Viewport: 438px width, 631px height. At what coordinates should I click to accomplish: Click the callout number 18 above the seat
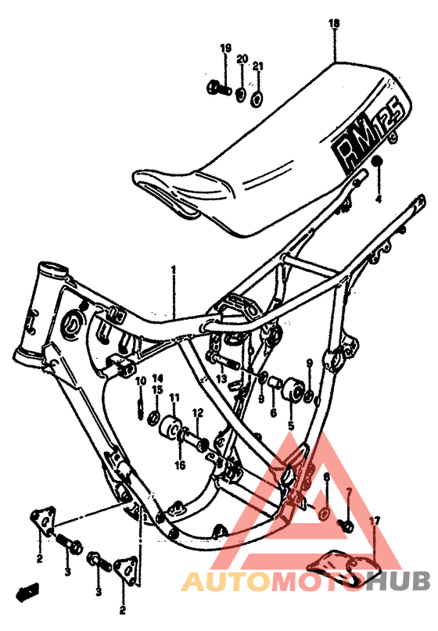click(334, 25)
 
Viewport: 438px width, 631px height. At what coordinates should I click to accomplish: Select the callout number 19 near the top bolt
click(225, 48)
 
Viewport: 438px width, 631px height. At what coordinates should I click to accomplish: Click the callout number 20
click(242, 59)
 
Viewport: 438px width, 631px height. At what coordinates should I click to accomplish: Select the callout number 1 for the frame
click(174, 271)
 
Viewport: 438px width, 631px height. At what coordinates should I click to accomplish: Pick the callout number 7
click(349, 492)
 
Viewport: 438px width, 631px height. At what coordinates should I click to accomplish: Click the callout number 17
click(375, 521)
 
